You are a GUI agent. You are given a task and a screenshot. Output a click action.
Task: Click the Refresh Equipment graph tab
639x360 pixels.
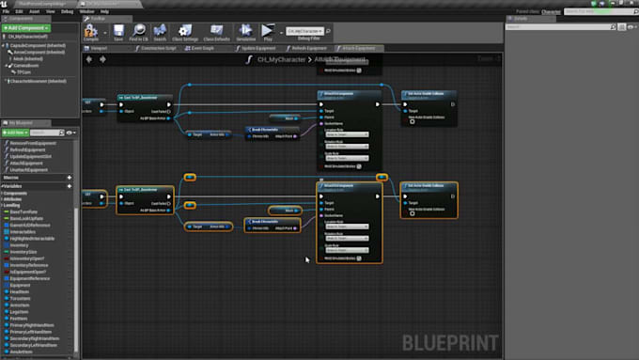point(307,48)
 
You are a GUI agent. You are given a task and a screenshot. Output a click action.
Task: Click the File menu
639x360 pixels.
point(7,10)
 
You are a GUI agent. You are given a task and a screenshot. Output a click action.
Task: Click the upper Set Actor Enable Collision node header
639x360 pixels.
point(430,94)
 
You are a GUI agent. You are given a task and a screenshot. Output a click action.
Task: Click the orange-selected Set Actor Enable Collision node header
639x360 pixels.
point(429,186)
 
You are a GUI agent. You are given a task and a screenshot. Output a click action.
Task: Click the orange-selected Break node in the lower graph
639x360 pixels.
point(264,221)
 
